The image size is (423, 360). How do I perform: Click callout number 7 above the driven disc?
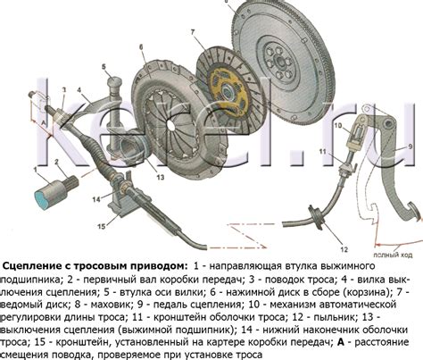point(193,31)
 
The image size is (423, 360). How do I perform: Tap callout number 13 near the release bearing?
point(161,178)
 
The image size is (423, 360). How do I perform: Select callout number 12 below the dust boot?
point(344,249)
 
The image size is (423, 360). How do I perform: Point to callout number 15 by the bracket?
point(102,227)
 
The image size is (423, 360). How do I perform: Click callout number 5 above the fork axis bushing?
point(104,66)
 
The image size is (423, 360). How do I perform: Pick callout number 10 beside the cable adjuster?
point(338,125)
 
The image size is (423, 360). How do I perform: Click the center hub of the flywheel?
point(280,63)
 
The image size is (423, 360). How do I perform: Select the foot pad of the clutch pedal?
point(414,211)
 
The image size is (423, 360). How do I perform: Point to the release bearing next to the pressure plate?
point(132,146)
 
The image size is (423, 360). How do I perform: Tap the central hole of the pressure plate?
point(170,125)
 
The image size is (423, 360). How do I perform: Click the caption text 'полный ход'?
point(393,255)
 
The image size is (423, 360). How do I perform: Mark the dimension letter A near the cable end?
point(44,122)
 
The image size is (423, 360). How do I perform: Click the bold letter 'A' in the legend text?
point(341,342)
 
